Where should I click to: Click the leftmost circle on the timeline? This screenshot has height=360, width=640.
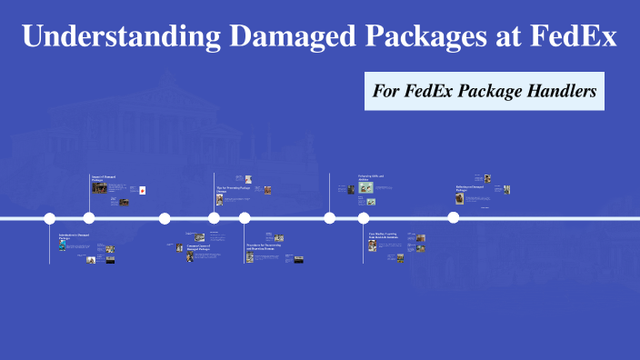point(50,218)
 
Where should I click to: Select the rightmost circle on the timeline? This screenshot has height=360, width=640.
point(453,217)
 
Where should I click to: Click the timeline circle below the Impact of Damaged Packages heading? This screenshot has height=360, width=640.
point(89,218)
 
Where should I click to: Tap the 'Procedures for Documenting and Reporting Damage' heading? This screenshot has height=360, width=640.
point(265,245)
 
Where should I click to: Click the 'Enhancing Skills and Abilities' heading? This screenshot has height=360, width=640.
point(371,177)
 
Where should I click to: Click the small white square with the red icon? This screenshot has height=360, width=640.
point(143,190)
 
